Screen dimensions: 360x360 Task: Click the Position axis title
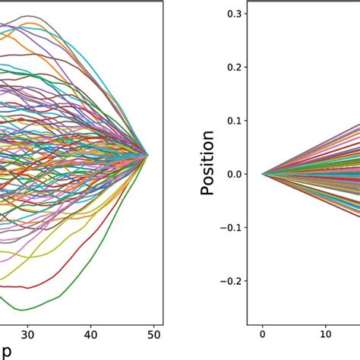coord(207,163)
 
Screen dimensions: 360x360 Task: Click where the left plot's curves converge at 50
coord(148,154)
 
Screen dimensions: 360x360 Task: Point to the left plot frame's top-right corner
coord(161,2)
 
